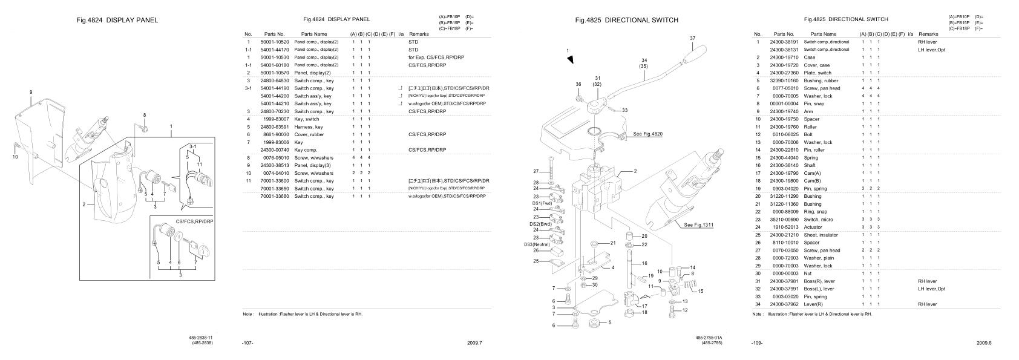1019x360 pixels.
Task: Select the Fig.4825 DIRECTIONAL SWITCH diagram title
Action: [x=626, y=20]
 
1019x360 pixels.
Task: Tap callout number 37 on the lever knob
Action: [x=692, y=38]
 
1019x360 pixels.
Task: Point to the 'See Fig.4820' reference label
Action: [x=647, y=133]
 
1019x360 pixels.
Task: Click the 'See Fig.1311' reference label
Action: [x=699, y=225]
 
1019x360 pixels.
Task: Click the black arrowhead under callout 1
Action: [x=570, y=59]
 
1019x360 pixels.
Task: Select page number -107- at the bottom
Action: [x=247, y=343]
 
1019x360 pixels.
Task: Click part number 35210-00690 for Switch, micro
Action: [x=784, y=219]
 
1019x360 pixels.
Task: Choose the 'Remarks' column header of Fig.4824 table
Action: [x=419, y=34]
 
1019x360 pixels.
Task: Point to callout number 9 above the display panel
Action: [x=30, y=92]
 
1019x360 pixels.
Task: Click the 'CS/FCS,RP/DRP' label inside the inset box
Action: [x=194, y=222]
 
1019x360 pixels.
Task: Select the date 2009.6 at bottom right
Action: [x=983, y=343]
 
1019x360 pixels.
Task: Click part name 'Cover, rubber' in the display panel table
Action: [x=309, y=134]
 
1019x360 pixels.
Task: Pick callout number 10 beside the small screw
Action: [x=15, y=156]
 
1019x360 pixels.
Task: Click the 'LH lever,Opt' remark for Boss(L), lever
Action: [x=931, y=289]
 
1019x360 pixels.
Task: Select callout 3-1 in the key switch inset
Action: [x=192, y=147]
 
